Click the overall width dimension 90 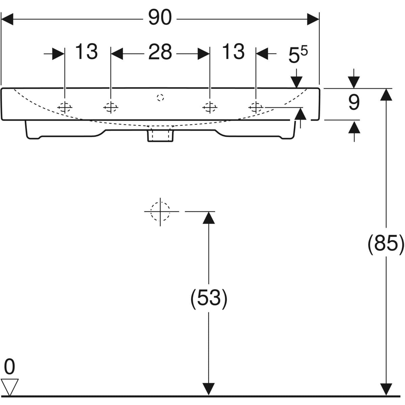[x=160, y=18]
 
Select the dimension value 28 [x=160, y=52]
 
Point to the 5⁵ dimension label [x=298, y=55]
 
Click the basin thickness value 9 [x=354, y=103]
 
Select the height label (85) [x=385, y=243]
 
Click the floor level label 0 [x=10, y=367]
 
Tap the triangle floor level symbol [x=10, y=387]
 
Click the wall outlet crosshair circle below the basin [x=160, y=211]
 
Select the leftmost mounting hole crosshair [x=65, y=107]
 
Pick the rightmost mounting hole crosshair [x=255, y=107]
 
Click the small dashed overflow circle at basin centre [x=160, y=98]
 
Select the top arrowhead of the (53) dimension [x=209, y=217]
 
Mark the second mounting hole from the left [x=110, y=107]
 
